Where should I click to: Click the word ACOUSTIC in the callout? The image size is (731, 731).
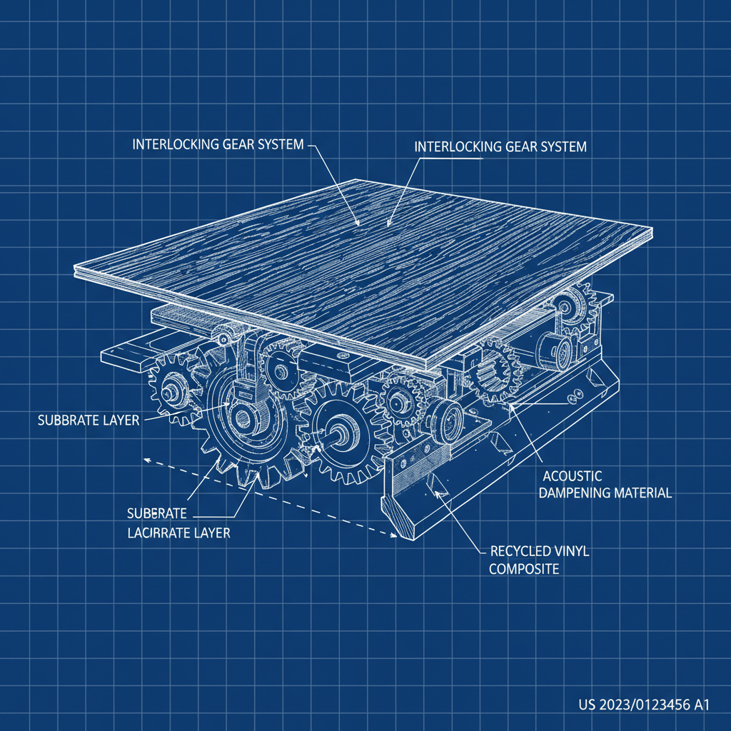pos(573,475)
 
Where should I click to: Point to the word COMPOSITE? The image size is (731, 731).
pos(525,569)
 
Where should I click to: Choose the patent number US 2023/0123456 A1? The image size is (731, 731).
pos(643,705)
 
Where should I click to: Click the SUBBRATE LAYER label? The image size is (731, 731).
pos(88,420)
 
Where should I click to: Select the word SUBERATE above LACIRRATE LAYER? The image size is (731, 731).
pos(157,513)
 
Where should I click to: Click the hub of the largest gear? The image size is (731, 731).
pos(241,417)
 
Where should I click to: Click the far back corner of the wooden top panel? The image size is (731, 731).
pos(356,180)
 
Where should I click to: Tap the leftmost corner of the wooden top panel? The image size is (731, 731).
pos(75,271)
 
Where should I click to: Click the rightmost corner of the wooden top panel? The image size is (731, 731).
pos(652,231)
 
